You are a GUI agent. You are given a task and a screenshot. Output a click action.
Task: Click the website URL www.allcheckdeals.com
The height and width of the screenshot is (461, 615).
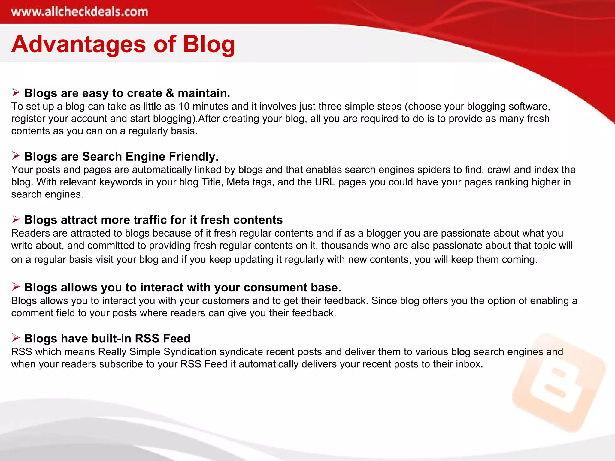click(80, 12)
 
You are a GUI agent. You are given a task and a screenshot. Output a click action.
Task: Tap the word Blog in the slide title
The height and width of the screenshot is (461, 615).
click(209, 44)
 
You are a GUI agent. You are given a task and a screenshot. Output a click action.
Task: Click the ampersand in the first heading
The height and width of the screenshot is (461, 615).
click(170, 93)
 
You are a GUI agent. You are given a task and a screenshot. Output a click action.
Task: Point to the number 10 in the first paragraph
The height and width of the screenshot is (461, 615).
click(184, 106)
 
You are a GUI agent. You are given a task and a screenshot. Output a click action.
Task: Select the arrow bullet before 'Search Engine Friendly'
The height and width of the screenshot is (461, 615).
click(16, 155)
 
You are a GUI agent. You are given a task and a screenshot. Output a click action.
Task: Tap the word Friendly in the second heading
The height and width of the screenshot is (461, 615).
click(193, 156)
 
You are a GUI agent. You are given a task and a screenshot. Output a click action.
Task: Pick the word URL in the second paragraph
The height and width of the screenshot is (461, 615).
click(325, 182)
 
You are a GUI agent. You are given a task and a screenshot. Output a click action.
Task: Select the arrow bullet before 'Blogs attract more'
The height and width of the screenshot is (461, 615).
click(16, 219)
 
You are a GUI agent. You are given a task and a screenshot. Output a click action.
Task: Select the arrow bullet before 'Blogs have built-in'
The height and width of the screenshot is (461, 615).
click(16, 338)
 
